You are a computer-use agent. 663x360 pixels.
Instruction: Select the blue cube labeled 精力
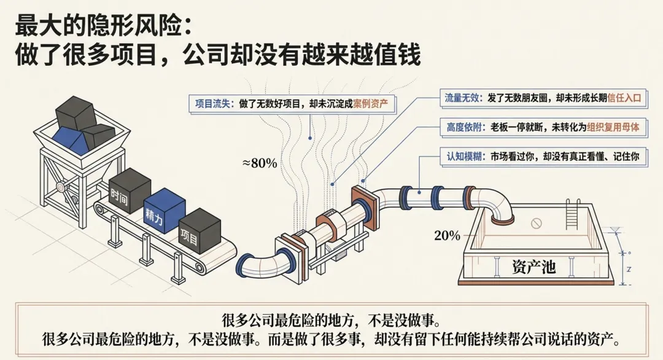(163, 211)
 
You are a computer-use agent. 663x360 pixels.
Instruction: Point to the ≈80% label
(259, 163)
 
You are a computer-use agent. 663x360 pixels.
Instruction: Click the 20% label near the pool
(447, 235)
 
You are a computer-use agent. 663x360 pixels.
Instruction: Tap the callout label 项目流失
(212, 104)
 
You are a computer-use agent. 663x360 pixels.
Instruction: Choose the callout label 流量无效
(464, 98)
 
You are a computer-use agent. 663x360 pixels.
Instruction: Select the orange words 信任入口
(624, 98)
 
